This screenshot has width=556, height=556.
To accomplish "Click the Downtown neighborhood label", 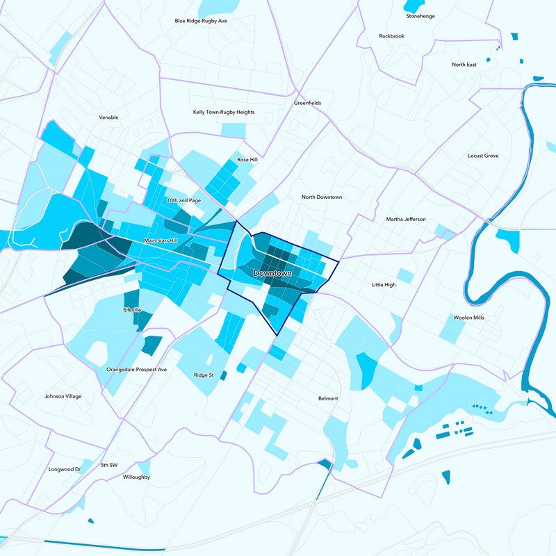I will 272,274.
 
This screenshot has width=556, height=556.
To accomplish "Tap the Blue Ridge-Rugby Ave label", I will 202,21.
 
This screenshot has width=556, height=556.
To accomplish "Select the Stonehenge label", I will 420,16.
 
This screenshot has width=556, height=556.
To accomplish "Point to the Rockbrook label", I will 391,35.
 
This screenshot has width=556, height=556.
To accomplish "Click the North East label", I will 464,65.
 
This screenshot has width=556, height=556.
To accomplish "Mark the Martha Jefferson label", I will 406,220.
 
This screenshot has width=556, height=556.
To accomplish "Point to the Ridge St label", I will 204,375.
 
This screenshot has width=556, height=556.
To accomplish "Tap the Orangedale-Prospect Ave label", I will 137,369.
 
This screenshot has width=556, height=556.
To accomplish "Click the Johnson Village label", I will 63,396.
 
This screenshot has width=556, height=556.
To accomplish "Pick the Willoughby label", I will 136,477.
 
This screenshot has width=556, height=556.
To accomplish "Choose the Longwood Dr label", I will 65,469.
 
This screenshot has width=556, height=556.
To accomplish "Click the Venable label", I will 109,117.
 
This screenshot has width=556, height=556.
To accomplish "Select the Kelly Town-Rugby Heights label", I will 224,112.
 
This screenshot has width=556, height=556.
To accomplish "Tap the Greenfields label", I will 307,103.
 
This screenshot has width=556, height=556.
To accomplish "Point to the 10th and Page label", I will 183,200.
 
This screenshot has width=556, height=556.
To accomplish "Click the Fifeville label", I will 132,309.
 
